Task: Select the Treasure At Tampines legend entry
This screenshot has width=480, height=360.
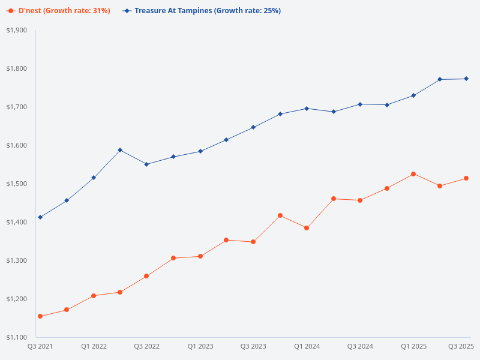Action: [201, 11]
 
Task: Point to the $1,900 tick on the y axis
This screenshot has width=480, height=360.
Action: [17, 30]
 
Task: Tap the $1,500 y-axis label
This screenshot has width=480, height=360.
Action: [17, 184]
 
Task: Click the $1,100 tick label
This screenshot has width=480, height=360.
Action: [17, 337]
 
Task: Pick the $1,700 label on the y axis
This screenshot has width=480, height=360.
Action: [17, 107]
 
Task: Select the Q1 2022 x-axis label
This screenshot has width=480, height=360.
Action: [94, 346]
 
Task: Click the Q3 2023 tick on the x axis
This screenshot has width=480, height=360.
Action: [253, 346]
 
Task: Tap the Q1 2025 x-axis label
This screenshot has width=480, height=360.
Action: [413, 346]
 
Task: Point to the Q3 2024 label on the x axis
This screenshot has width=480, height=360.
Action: [360, 346]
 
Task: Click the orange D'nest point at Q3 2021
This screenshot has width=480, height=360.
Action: [40, 316]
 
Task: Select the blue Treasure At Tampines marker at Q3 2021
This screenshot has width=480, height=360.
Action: [40, 217]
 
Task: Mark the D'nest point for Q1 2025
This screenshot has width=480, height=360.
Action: [413, 174]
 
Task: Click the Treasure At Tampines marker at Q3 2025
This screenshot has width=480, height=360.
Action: [466, 79]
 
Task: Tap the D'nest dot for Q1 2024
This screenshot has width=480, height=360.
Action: [307, 228]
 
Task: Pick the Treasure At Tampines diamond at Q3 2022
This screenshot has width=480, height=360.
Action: [146, 164]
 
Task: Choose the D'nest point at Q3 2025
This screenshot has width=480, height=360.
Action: [466, 178]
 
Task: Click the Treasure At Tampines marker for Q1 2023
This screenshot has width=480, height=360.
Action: [200, 151]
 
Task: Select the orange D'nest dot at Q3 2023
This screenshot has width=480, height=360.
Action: [253, 242]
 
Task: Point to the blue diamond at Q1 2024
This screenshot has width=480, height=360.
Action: [307, 109]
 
